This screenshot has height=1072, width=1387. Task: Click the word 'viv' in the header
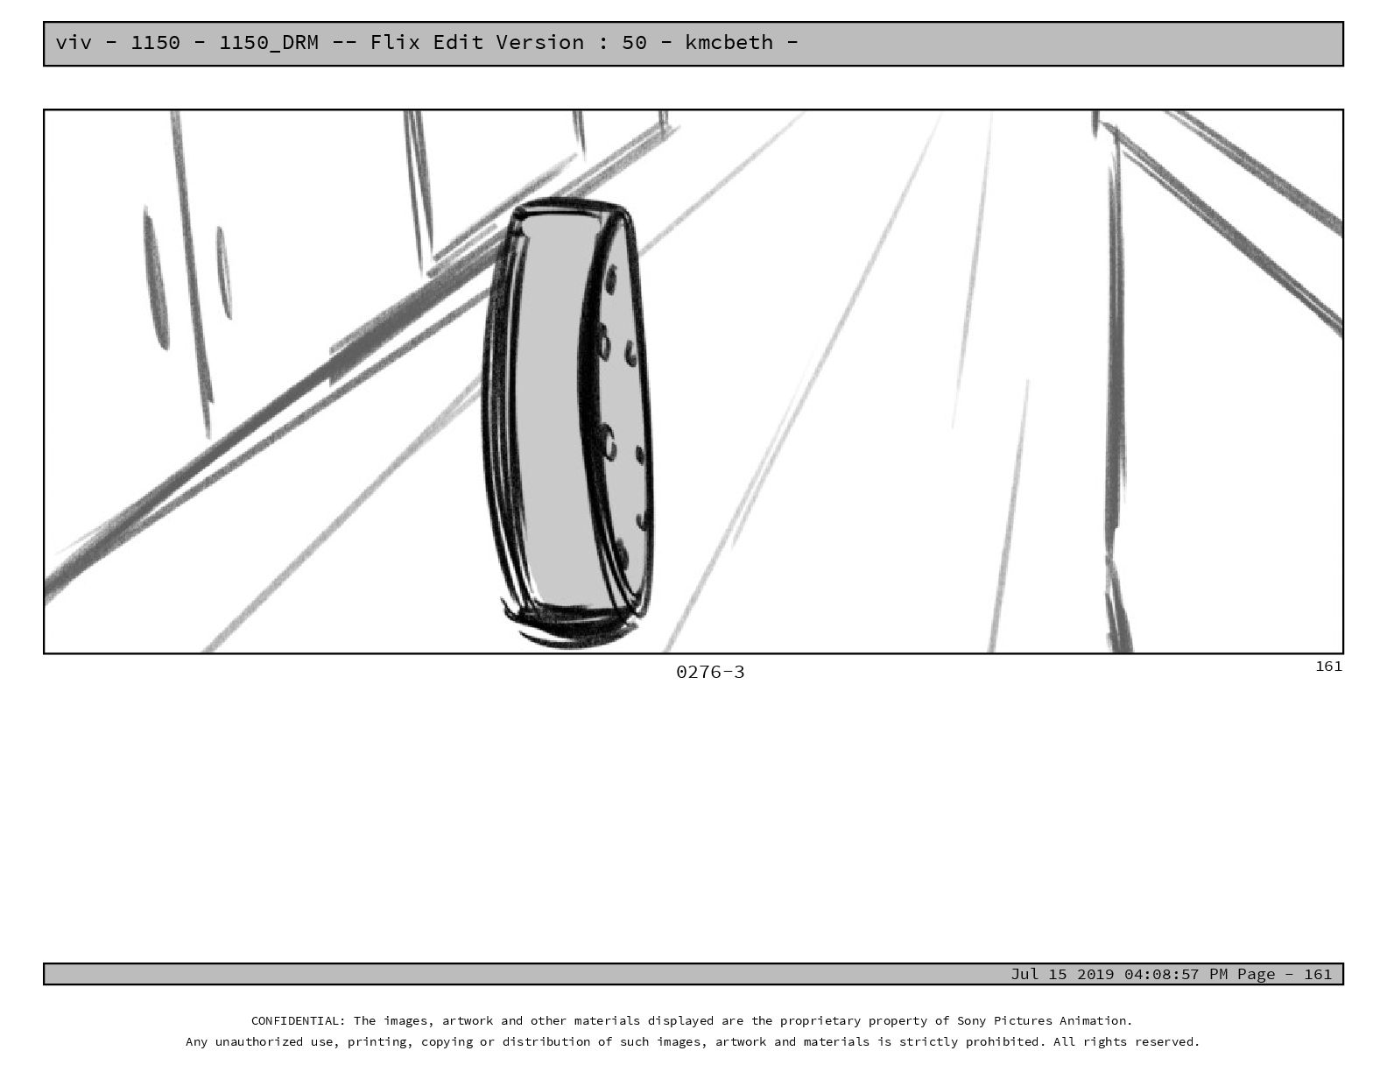[74, 43]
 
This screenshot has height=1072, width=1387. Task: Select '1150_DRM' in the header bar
[269, 44]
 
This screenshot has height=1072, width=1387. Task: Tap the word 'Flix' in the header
[394, 42]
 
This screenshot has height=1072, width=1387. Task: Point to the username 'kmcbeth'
[729, 42]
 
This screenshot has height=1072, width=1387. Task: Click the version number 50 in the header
[634, 43]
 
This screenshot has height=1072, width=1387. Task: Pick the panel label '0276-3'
[710, 673]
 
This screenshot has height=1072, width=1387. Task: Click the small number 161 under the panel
[1328, 666]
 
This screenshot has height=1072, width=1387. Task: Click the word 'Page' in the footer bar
[1257, 974]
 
